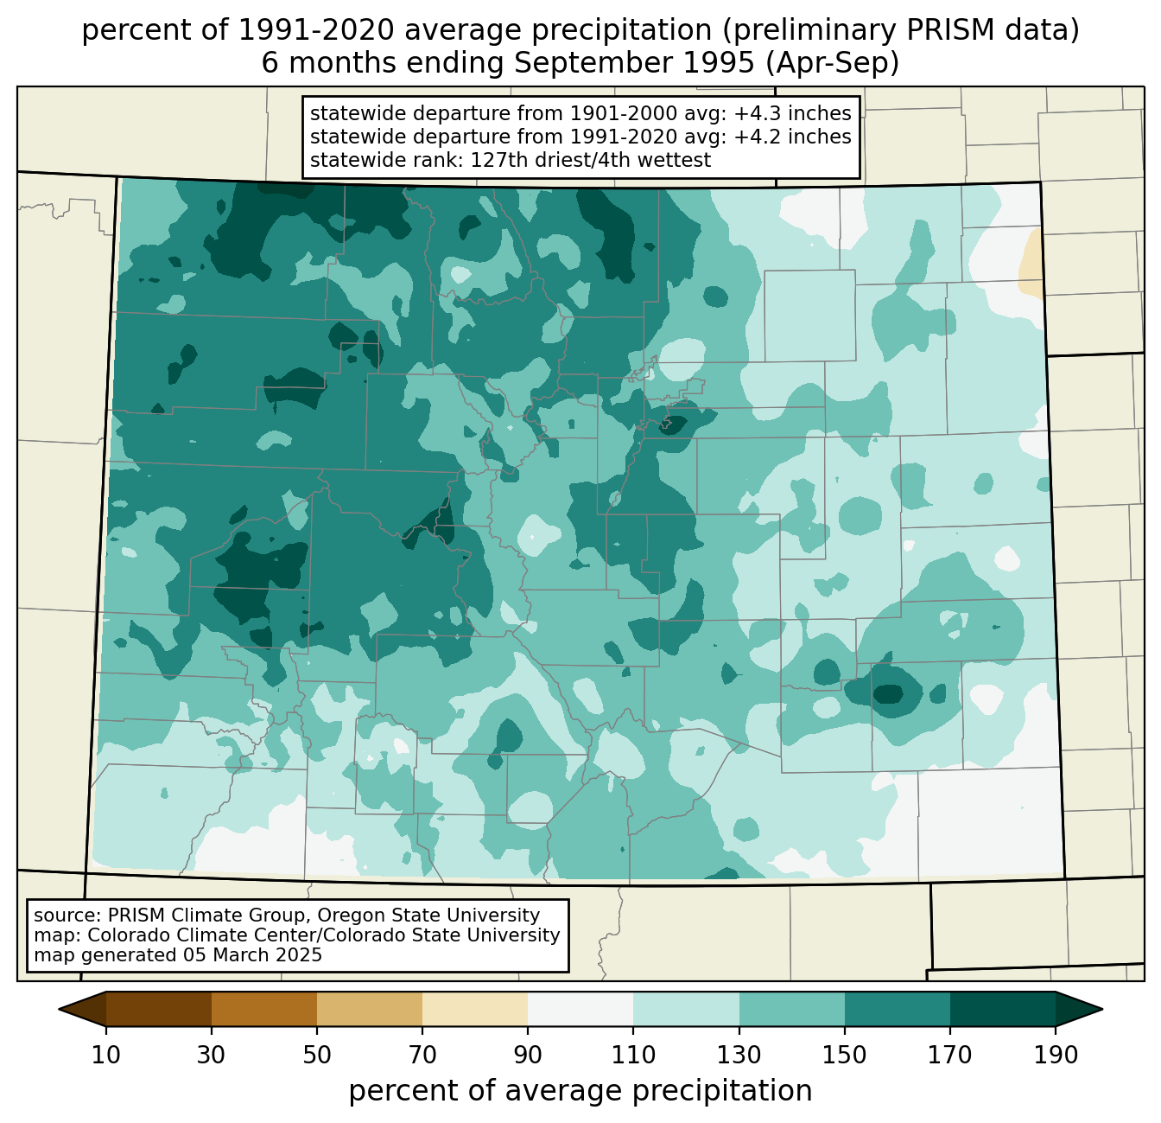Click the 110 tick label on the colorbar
click(633, 1056)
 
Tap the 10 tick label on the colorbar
click(106, 1056)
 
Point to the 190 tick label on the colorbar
click(1056, 1056)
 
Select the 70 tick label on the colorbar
click(422, 1056)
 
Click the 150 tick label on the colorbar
click(845, 1056)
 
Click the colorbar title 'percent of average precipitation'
click(580, 1091)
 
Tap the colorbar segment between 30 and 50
click(264, 1008)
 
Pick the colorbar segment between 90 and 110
click(580, 1008)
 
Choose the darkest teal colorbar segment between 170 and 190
click(1003, 1008)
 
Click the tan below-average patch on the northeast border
click(1031, 265)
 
